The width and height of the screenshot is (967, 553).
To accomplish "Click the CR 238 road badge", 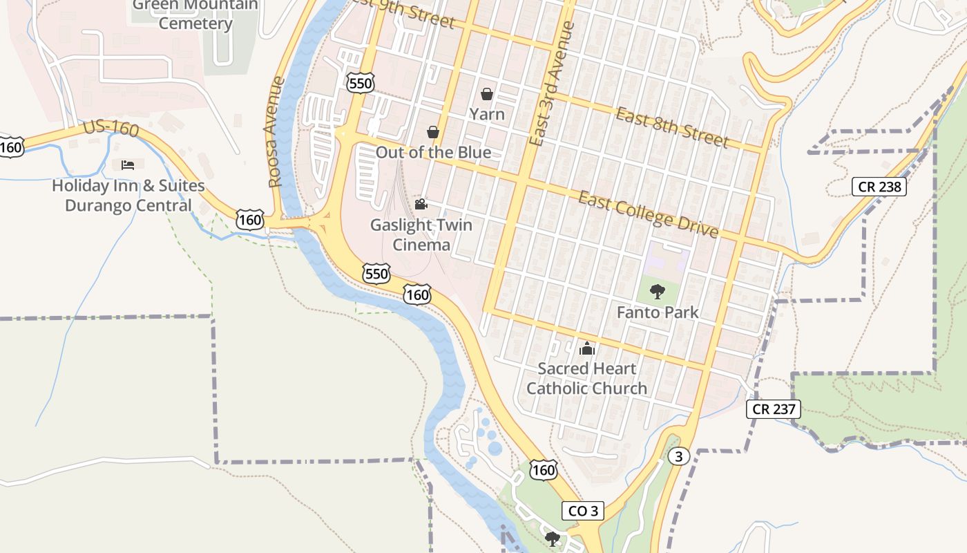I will pos(879,186).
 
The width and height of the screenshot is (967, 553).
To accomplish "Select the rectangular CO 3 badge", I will pos(583,511).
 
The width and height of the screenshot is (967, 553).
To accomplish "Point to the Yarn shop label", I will pos(487,113).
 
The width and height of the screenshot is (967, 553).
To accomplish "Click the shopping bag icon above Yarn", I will pos(487,94).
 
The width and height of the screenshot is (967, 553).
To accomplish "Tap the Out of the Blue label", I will pos(433,152).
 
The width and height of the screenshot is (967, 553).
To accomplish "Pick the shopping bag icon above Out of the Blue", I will pos(433,131).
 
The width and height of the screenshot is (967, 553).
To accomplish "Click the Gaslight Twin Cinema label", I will pos(421,234).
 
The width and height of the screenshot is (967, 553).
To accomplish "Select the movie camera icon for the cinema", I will pos(421,204).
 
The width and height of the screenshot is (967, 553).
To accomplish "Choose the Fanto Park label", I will pos(658,312).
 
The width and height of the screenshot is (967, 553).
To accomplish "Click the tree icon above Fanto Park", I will pos(658,291).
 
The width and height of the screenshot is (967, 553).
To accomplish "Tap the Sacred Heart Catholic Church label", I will pos(587,378).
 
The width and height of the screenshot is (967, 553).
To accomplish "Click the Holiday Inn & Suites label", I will pos(128,196).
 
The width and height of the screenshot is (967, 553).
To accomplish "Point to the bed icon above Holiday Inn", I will pos(128,165).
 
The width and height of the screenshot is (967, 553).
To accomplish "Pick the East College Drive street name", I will pos(648,214).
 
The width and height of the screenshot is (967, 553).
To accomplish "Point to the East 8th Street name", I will pos(672,127).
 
